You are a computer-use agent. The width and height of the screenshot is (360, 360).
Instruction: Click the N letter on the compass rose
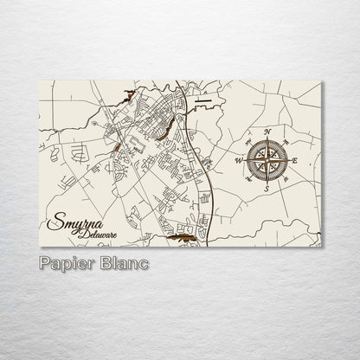pyautogui.click(x=267, y=132)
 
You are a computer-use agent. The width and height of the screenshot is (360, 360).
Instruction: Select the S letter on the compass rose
pyautogui.click(x=267, y=188)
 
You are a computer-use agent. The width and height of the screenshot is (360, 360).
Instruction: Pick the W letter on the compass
pyautogui.click(x=239, y=160)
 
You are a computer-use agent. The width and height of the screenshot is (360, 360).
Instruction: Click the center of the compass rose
pyautogui.click(x=267, y=160)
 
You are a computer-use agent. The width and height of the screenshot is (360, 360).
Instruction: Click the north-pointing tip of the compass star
pyautogui.click(x=267, y=138)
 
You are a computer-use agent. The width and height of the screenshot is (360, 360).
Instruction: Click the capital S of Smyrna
pyautogui.click(x=58, y=222)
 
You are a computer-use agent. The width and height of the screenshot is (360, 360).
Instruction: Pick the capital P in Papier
pyautogui.click(x=44, y=261)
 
